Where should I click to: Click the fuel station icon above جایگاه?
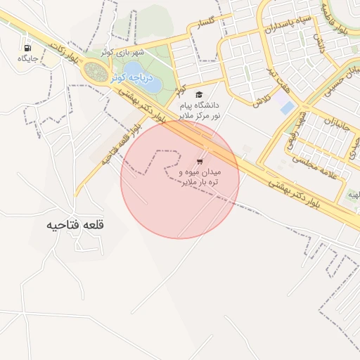coord(27,48)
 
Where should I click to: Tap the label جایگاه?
coord(27,58)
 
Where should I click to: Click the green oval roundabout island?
coord(94,71)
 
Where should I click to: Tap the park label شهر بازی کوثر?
coord(122,52)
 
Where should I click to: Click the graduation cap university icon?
coord(198,94)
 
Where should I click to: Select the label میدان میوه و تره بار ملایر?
coord(201,176)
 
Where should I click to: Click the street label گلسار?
coord(205,25)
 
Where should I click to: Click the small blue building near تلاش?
coord(286,108)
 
